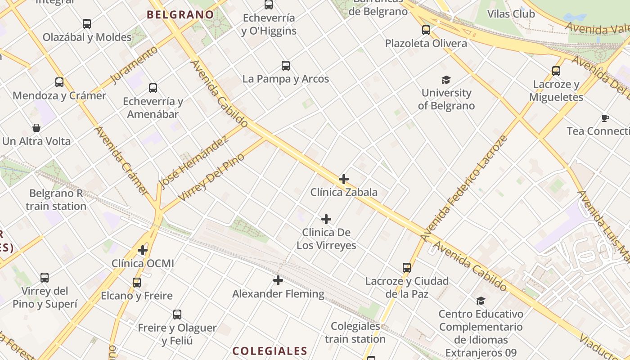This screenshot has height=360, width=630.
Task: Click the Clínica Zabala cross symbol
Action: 343,179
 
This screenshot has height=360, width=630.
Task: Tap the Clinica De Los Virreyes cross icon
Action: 326,219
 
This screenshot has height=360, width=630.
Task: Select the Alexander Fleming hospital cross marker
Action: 278,280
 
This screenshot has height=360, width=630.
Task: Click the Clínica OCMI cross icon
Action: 143,250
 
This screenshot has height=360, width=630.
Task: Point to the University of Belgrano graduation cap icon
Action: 446,80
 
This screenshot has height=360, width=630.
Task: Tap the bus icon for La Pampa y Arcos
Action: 286,66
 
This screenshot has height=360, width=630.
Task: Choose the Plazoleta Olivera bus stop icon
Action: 426,30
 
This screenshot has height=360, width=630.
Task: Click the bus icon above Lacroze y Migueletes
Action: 556,71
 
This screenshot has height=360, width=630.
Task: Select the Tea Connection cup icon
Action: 605,118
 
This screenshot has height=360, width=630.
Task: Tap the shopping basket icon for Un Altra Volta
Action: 36,128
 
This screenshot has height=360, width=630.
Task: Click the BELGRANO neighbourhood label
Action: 180,14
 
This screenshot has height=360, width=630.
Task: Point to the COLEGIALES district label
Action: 270,351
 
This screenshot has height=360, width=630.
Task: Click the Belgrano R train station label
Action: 56,200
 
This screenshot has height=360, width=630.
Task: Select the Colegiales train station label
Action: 355,333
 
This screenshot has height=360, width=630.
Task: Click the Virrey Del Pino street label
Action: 211,177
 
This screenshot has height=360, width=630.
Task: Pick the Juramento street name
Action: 134,65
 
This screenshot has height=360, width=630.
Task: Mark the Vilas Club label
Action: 511,14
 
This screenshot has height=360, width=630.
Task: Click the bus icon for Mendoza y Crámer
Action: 59,82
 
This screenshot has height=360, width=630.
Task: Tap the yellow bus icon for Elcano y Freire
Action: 137,283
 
